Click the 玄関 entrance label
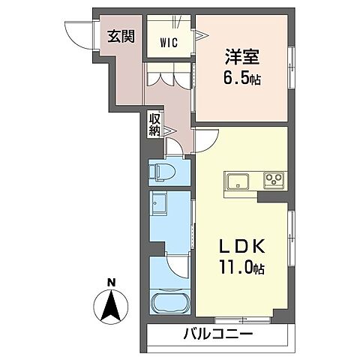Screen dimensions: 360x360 point(119,35)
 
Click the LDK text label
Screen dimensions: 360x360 point(239,247)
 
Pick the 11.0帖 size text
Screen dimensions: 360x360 point(239,266)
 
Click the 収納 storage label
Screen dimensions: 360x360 point(154,124)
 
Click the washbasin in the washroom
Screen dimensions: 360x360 point(160,202)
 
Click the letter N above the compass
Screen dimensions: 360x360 point(111,282)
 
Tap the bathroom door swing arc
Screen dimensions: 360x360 point(178,268)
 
